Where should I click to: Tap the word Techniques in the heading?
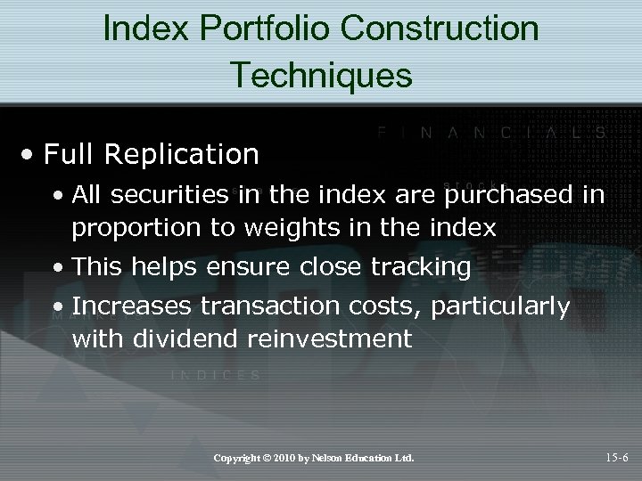(x=321, y=75)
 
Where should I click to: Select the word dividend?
(x=175, y=338)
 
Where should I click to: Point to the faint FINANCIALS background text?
(x=490, y=133)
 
